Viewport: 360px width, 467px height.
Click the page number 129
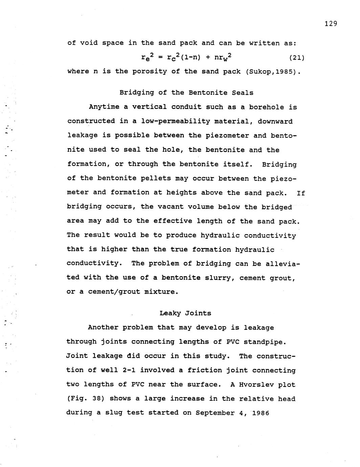(331, 23)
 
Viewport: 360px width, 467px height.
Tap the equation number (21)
(297, 58)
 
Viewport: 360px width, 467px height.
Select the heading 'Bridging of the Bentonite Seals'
(186, 92)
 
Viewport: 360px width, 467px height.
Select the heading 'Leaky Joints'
(185, 313)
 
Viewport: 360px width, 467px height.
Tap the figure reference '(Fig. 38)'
(85, 399)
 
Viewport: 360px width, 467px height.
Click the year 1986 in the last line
(260, 413)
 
